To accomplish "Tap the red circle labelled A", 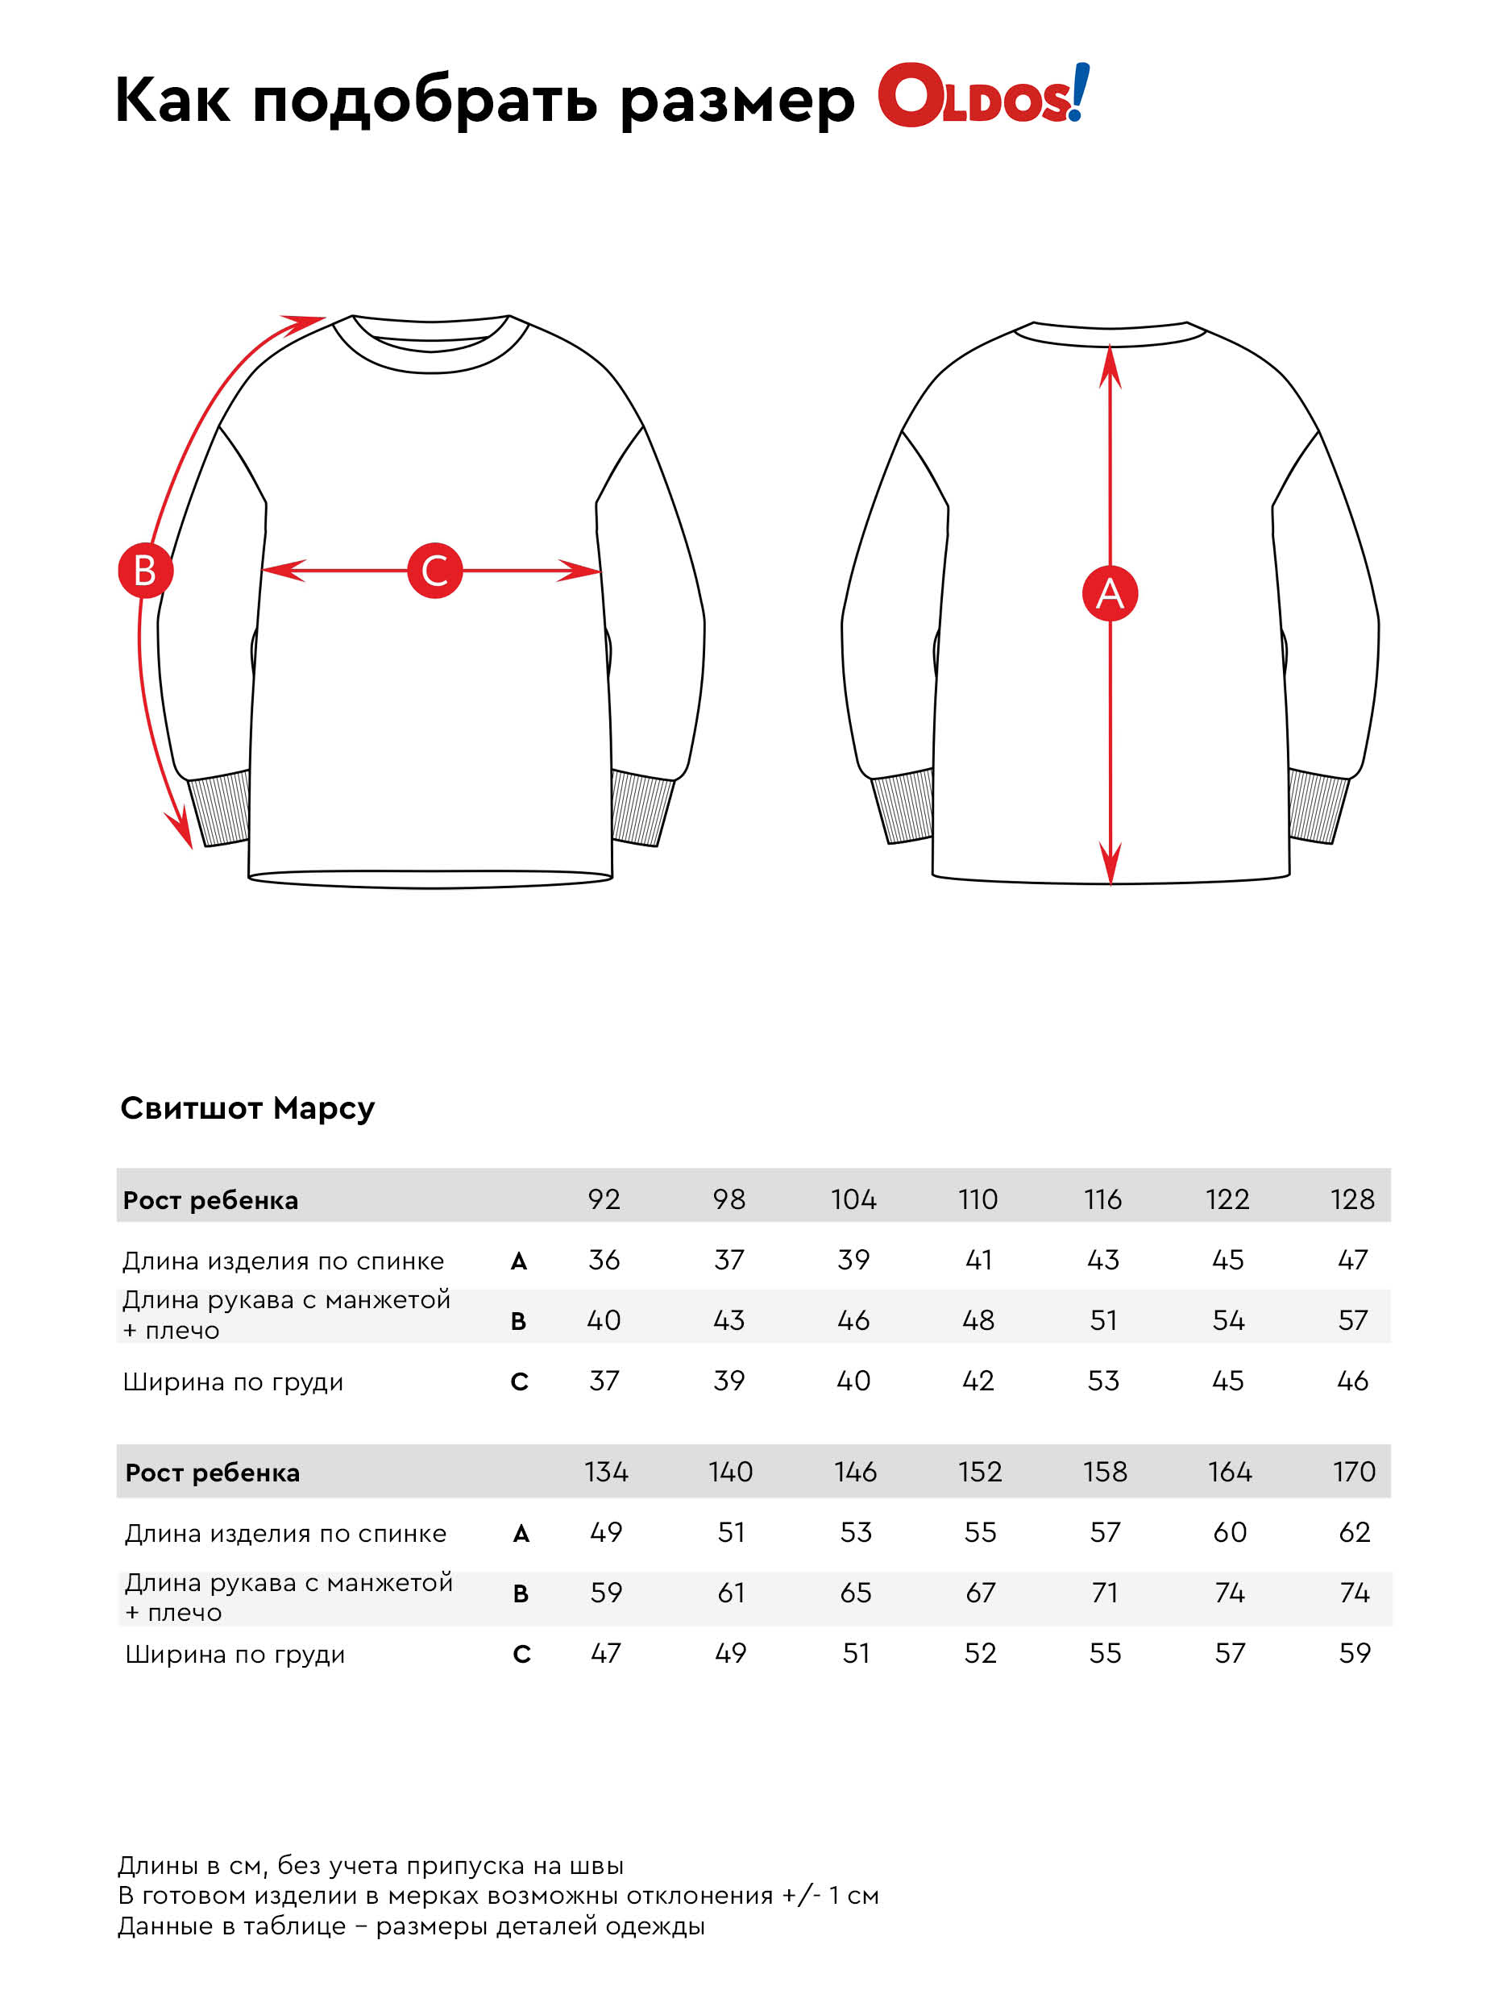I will [x=1110, y=594].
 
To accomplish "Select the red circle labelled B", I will [x=145, y=571].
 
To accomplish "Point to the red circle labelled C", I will [x=434, y=571].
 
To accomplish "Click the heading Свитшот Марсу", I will [x=247, y=1108].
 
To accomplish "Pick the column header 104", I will [x=853, y=1199].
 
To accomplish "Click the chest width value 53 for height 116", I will [x=1103, y=1381].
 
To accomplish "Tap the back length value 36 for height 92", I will [x=604, y=1260].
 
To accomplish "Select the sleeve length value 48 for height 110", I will [x=978, y=1320].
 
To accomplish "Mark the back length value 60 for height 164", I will [x=1230, y=1532].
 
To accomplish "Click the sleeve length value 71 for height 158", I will [x=1105, y=1593].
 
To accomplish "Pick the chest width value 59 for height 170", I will [x=1355, y=1653].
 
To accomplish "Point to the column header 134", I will [x=606, y=1472].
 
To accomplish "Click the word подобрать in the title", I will [x=425, y=100].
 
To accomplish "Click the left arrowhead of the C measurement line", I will [x=282, y=571].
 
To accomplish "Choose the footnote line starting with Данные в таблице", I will [x=411, y=1926].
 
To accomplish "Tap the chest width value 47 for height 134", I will [x=606, y=1653].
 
